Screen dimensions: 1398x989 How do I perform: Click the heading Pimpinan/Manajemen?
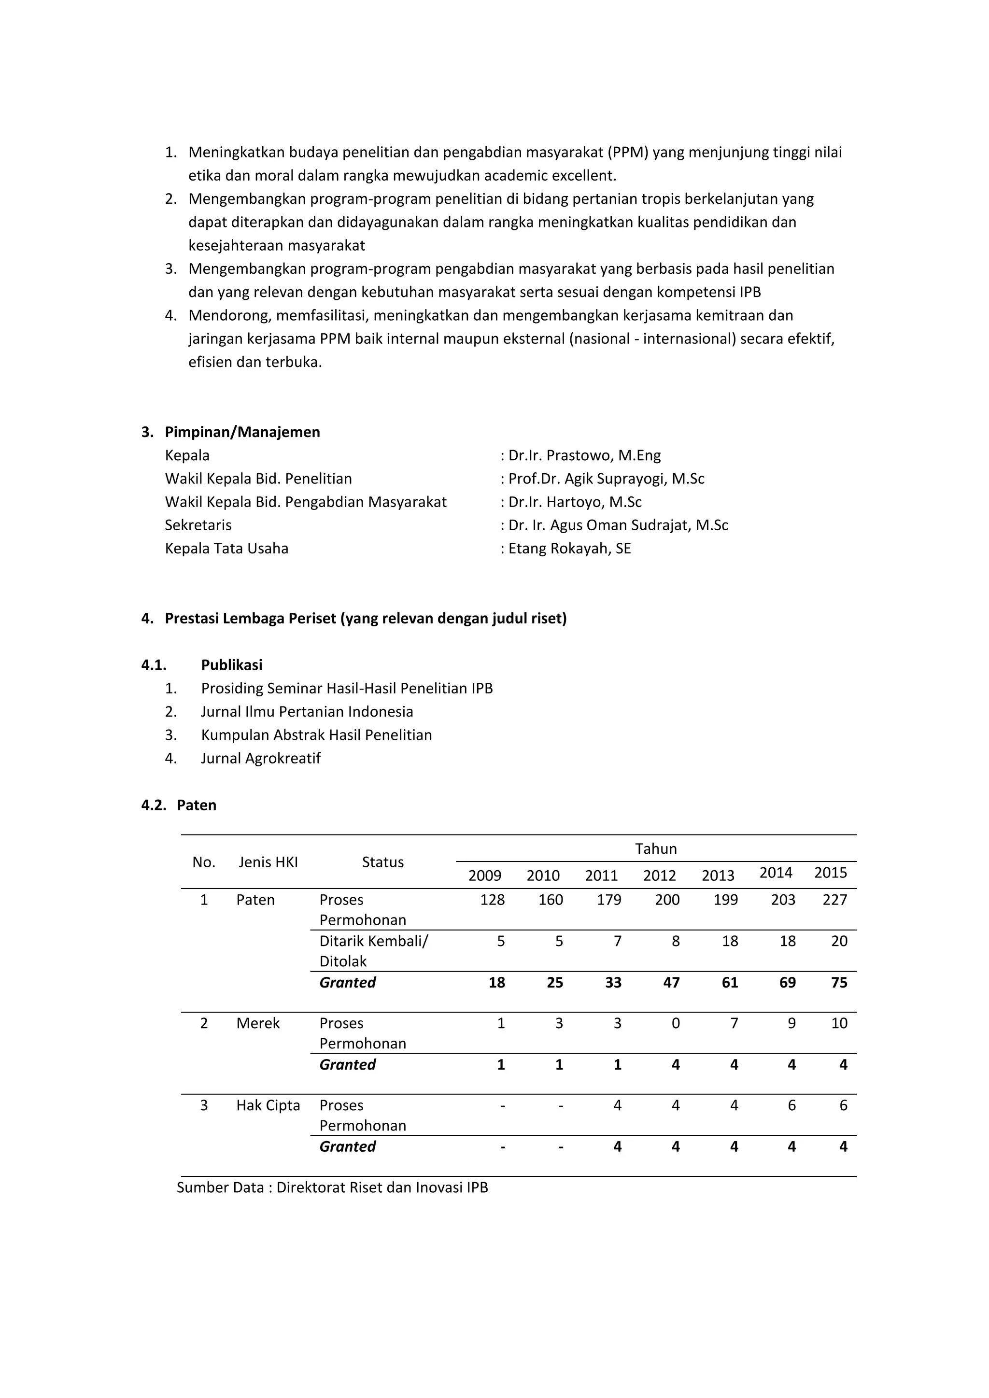(x=242, y=432)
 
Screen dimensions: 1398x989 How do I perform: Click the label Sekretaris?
(x=198, y=525)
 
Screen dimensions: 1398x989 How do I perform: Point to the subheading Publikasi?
(x=231, y=665)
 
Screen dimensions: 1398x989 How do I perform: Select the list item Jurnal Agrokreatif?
(x=261, y=758)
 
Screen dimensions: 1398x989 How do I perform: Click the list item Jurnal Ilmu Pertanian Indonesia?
(x=307, y=712)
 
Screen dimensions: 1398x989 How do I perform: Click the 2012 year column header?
(x=660, y=876)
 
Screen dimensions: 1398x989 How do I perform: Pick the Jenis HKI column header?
(x=268, y=861)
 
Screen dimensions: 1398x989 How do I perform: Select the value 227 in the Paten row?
(x=834, y=900)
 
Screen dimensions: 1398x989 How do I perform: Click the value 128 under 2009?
(x=492, y=900)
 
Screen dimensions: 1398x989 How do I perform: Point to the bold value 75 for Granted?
(x=839, y=982)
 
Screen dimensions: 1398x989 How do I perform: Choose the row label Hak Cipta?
(x=268, y=1105)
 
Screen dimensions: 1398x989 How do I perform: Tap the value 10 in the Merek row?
(x=839, y=1023)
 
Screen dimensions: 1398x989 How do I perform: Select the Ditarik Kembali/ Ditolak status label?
(x=373, y=951)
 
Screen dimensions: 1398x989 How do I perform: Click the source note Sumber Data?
(x=332, y=1187)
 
